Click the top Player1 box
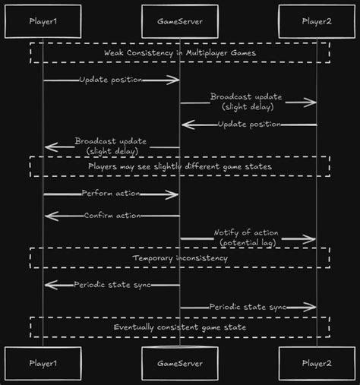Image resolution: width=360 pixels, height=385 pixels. (43, 22)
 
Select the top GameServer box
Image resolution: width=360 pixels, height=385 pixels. (179, 22)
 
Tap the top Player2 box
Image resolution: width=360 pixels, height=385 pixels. (317, 22)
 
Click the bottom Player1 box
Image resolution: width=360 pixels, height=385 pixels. (43, 363)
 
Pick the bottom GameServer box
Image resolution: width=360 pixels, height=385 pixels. (179, 363)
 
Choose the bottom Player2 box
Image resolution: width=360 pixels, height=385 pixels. (317, 363)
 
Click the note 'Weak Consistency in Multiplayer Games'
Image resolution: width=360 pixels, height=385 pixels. (180, 52)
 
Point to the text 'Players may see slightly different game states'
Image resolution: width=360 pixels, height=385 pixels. (180, 166)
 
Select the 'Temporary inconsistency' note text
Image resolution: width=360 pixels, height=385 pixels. (180, 258)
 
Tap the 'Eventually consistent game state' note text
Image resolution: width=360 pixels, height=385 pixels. (180, 327)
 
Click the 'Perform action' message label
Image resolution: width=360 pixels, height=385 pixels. (112, 194)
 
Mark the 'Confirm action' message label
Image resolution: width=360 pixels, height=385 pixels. (112, 216)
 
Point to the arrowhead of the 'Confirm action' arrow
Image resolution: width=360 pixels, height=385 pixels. (47, 216)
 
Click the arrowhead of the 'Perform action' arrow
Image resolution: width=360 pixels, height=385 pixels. (175, 194)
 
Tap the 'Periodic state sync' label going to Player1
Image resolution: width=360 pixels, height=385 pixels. (112, 284)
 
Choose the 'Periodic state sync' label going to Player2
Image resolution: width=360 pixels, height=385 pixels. (248, 307)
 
